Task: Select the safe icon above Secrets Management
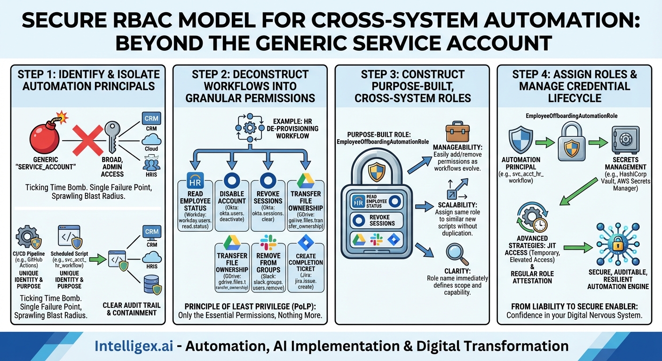point(625,140)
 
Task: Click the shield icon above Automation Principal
point(520,140)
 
